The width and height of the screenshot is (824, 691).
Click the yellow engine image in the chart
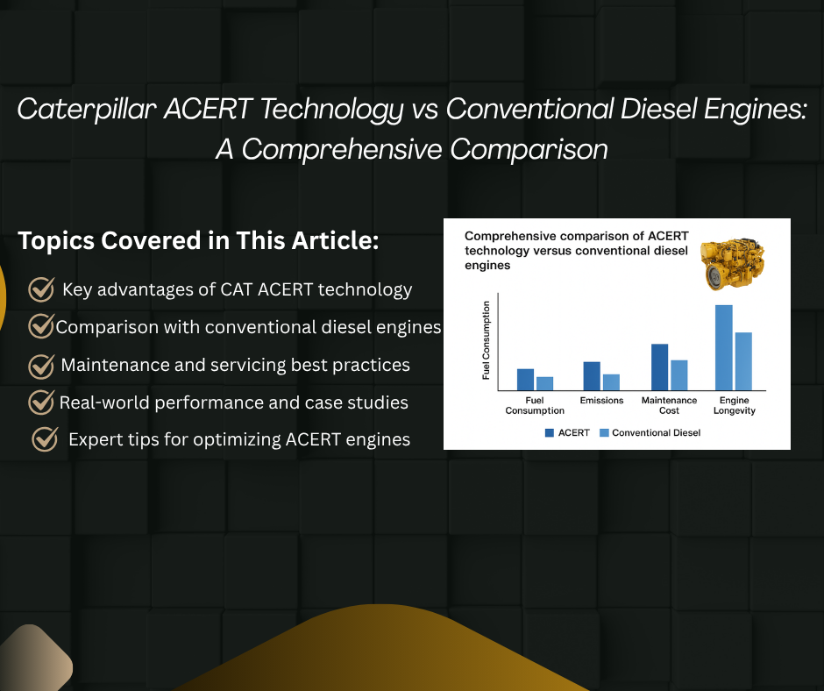click(x=732, y=265)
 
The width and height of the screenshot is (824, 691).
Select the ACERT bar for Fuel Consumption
click(x=525, y=379)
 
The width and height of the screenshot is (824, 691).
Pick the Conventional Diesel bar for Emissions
click(x=611, y=382)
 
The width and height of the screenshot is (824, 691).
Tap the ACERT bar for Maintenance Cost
click(x=659, y=367)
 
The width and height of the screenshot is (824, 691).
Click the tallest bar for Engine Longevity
click(x=723, y=347)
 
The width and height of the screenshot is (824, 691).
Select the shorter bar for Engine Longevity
click(x=743, y=361)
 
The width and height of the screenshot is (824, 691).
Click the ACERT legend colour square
click(x=550, y=433)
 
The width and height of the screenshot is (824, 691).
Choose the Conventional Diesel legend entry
click(x=650, y=433)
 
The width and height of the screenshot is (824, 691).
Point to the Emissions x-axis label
click(x=601, y=400)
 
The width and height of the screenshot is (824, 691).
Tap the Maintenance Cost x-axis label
click(x=669, y=405)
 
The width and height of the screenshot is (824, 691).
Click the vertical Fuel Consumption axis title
click(x=487, y=340)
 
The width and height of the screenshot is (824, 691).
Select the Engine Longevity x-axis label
click(x=734, y=405)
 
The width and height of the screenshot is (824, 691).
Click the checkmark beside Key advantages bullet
click(x=41, y=289)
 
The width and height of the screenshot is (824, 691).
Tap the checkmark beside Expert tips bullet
click(x=45, y=439)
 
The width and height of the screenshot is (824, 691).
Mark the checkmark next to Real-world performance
click(x=41, y=402)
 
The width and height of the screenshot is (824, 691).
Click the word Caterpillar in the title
click(x=87, y=110)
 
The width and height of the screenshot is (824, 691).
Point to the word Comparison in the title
click(x=529, y=150)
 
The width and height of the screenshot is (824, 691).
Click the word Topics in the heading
click(x=56, y=241)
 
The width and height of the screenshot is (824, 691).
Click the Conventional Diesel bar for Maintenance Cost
click(x=679, y=375)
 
